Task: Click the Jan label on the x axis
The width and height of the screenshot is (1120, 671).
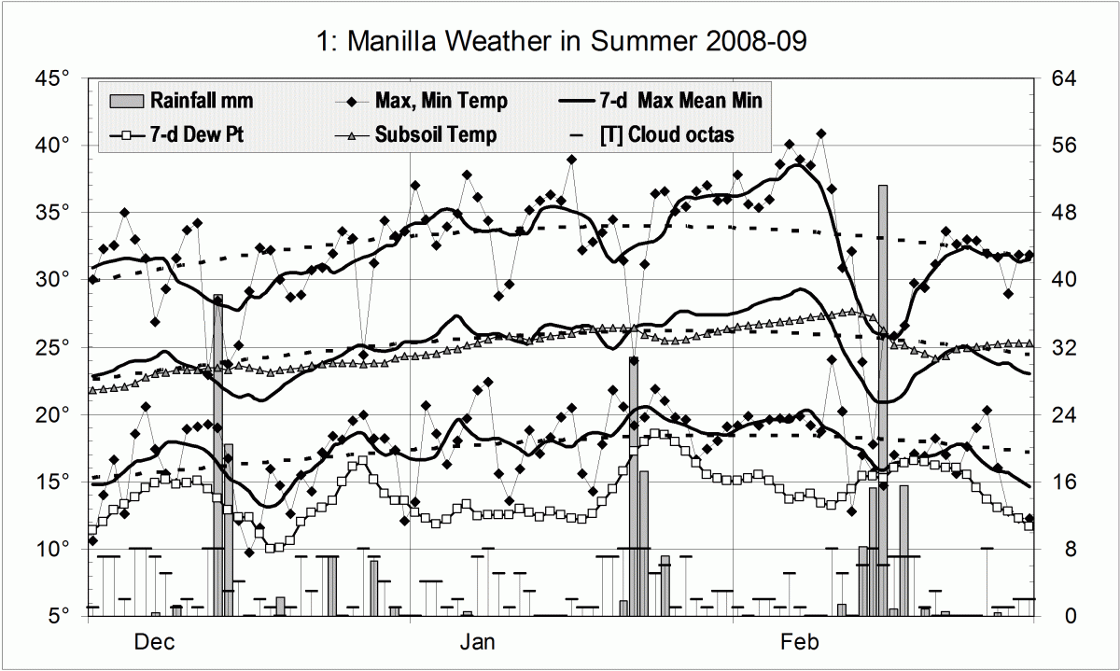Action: pos(479,642)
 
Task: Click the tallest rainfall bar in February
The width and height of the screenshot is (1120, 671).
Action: pos(882,401)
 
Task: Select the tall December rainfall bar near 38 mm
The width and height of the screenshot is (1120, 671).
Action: pos(217,457)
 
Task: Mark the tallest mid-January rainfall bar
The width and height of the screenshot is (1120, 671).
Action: pos(633,485)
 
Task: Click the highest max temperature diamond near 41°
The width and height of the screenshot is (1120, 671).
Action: pos(820,133)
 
